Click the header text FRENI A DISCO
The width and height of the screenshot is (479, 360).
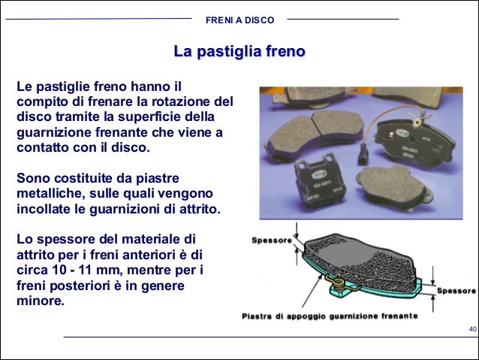[x=239, y=20]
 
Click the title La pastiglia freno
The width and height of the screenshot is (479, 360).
[x=239, y=51]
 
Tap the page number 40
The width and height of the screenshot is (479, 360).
[x=472, y=329]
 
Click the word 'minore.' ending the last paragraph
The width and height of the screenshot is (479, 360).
[x=41, y=301]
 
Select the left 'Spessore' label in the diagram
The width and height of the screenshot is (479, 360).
[x=272, y=241]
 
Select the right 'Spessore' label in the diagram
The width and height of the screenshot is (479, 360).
[x=456, y=291]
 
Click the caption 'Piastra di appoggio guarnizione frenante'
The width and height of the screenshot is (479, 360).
[x=330, y=316]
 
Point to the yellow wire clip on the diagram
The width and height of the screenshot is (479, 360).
[x=337, y=283]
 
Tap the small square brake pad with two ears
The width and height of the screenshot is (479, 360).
[x=319, y=181]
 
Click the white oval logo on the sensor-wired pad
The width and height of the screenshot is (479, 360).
[x=402, y=133]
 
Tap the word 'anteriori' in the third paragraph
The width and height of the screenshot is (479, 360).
[x=148, y=255]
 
